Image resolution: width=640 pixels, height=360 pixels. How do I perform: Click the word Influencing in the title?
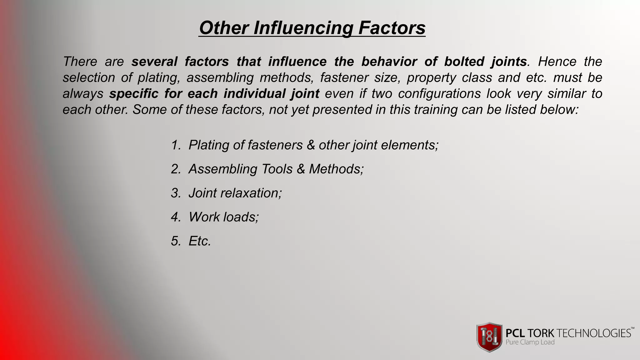click(303, 28)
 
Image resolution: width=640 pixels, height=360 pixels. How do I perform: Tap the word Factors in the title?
click(392, 27)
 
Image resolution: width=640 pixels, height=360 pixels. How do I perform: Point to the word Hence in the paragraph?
click(557, 62)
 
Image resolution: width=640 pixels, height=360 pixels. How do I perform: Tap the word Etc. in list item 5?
click(200, 241)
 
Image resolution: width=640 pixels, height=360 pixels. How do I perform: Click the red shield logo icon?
click(489, 337)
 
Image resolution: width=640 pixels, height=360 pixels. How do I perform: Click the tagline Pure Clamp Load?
click(530, 342)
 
